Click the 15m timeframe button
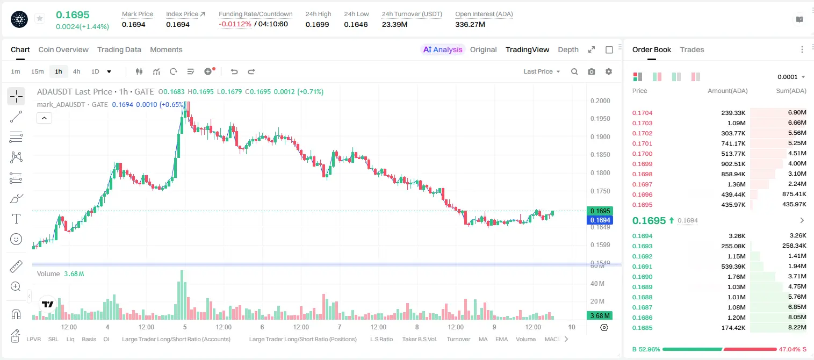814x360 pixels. [x=38, y=71]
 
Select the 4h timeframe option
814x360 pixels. [x=77, y=71]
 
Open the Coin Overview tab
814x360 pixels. [x=63, y=49]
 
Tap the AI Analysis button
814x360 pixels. [x=443, y=49]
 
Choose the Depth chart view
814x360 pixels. [x=568, y=49]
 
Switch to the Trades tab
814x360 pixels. [x=692, y=49]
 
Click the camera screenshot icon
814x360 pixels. [x=592, y=71]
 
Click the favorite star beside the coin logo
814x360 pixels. [x=40, y=18]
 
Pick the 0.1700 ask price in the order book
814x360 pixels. [x=643, y=154]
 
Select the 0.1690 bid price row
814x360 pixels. [x=643, y=277]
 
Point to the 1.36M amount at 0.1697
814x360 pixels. [x=736, y=184]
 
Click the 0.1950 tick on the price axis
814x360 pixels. [x=600, y=119]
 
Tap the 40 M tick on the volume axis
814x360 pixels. [x=597, y=283]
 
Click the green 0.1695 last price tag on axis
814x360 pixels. [x=600, y=211]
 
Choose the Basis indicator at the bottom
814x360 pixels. [x=89, y=339]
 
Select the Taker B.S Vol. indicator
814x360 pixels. [x=420, y=339]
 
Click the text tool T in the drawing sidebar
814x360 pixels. [x=16, y=219]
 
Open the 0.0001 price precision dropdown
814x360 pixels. [x=791, y=77]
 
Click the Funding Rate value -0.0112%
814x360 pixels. [x=235, y=24]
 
